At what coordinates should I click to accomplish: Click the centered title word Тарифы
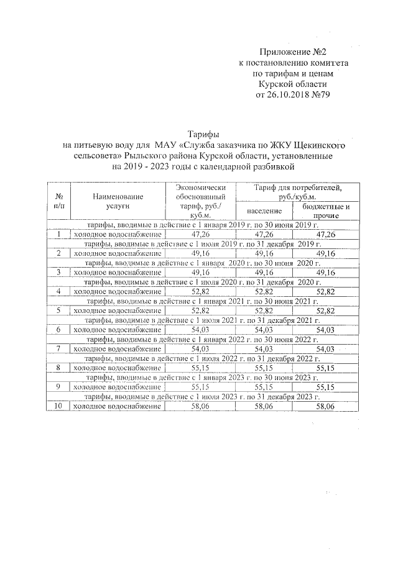coord(202,134)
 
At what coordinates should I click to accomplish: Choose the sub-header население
coord(264,210)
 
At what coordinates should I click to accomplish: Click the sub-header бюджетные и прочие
coord(326,210)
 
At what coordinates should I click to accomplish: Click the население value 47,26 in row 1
coord(264,234)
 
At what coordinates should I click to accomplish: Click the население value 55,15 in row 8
coord(264,368)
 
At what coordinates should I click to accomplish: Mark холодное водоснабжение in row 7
coord(118,349)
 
